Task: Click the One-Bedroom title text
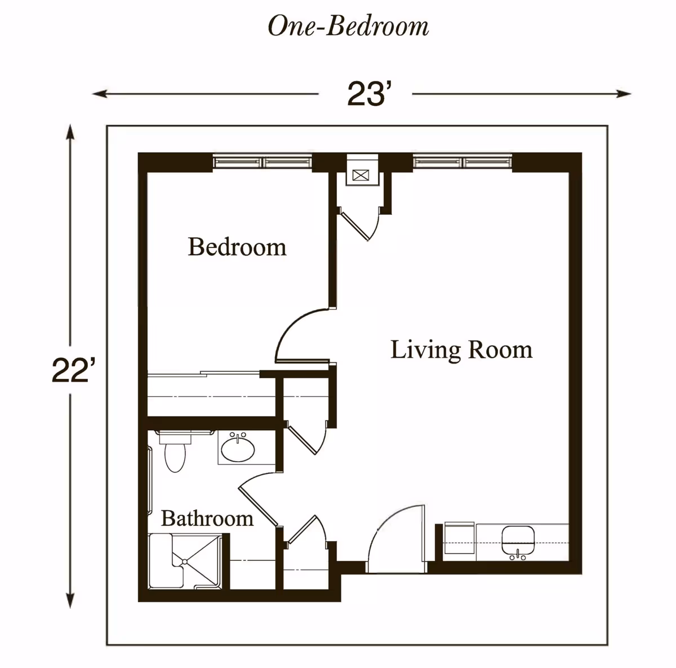pos(348,26)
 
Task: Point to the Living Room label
pos(461,350)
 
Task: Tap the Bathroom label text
pos(207,519)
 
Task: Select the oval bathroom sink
pos(238,449)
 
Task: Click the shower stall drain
pos(185,562)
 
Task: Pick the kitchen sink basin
pos(518,540)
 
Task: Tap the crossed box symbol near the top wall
pos(361,175)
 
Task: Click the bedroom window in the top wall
pos(263,162)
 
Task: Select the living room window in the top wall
pos(462,162)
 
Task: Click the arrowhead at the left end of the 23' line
pos(100,94)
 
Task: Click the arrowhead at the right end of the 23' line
pos(624,94)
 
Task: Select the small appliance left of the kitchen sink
pos(460,541)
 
